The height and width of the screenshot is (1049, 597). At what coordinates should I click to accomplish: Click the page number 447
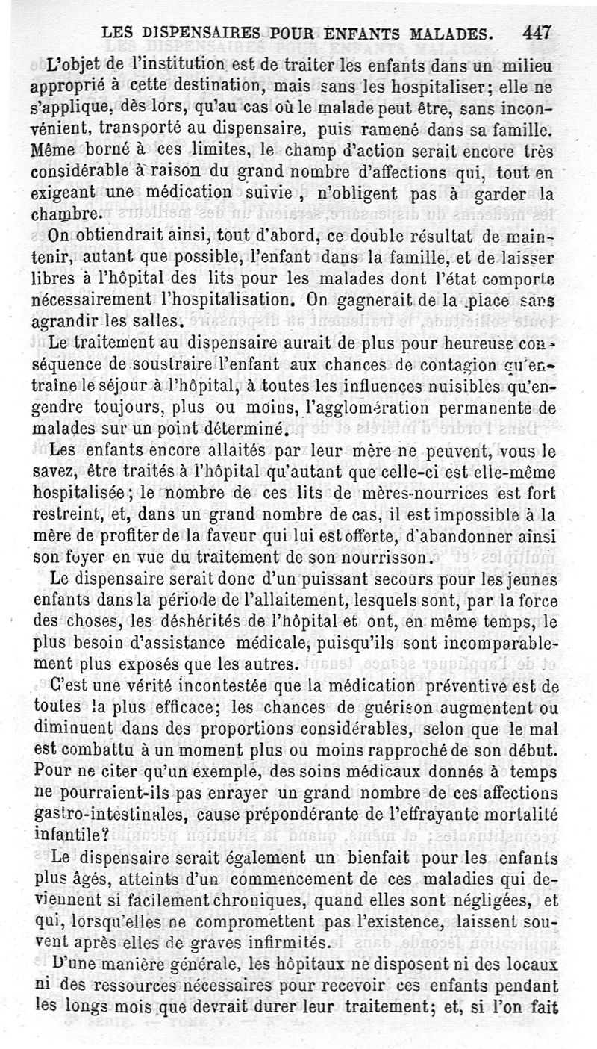537,33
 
